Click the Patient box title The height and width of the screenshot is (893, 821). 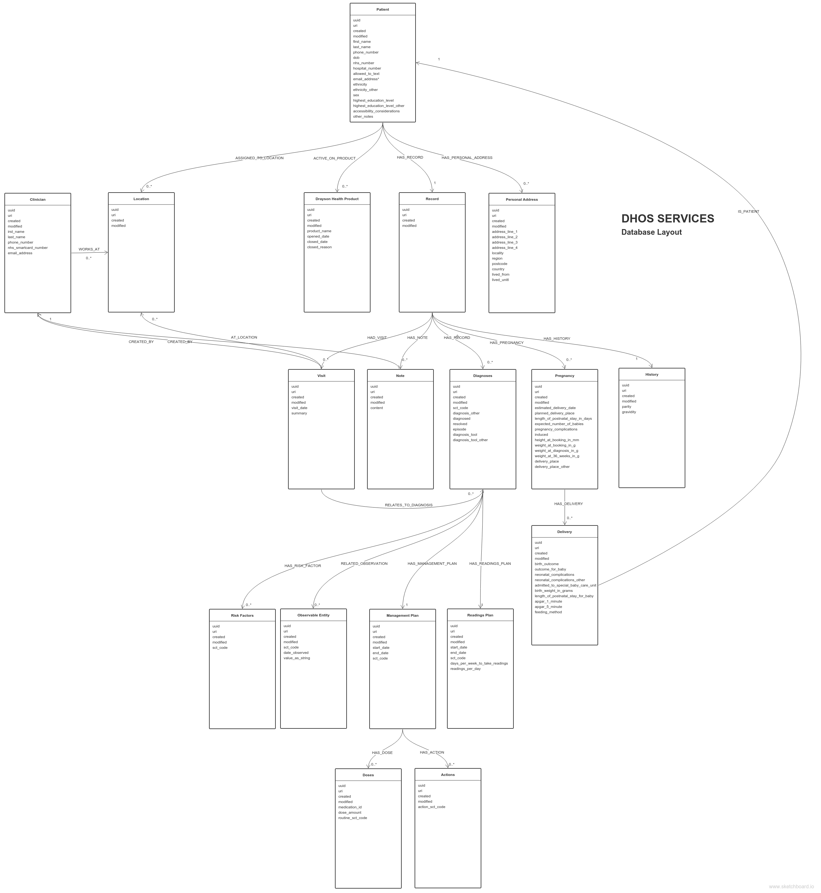pyautogui.click(x=382, y=9)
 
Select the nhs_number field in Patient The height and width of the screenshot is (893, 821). pyautogui.click(x=363, y=63)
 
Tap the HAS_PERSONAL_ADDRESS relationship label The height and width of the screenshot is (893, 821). pyautogui.click(x=467, y=158)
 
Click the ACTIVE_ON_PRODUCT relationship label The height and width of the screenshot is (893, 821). pyautogui.click(x=334, y=158)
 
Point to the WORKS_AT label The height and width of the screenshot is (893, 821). pyautogui.click(x=89, y=249)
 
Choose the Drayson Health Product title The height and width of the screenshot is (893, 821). pyautogui.click(x=337, y=199)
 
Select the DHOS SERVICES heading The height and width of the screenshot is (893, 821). pyautogui.click(x=667, y=218)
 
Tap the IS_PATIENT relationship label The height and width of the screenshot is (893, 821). pyautogui.click(x=748, y=211)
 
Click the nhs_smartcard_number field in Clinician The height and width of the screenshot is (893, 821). pyautogui.click(x=27, y=248)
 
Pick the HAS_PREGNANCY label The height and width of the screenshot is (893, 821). pyautogui.click(x=507, y=342)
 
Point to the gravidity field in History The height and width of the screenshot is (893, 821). pyautogui.click(x=629, y=412)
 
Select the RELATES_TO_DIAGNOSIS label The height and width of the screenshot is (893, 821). pyautogui.click(x=408, y=505)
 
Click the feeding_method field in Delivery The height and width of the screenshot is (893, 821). pyautogui.click(x=548, y=612)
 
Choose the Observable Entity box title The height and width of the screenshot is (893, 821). pyautogui.click(x=313, y=615)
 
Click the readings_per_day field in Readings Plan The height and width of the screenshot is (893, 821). pyautogui.click(x=465, y=669)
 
